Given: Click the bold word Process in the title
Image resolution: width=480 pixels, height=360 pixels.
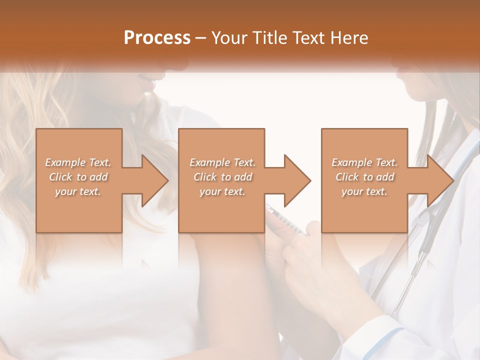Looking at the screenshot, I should click(x=157, y=37).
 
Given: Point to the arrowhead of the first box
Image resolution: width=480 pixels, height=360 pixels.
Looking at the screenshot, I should click(x=155, y=180).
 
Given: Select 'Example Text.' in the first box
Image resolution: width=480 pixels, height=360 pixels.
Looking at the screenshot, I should click(x=78, y=162).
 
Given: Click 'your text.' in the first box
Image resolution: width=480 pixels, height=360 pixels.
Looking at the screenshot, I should click(x=78, y=191).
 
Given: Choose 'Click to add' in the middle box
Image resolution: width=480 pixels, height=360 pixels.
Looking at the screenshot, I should click(x=222, y=177).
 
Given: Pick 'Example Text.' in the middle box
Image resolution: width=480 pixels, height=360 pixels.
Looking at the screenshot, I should click(x=222, y=162).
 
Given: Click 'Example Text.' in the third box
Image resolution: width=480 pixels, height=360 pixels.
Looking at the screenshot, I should click(x=364, y=162).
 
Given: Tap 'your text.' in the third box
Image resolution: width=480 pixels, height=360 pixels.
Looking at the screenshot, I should click(x=364, y=191).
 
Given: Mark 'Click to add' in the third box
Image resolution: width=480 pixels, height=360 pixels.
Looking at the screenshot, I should click(x=364, y=177).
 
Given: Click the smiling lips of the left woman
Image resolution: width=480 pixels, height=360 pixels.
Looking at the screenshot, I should click(x=146, y=80).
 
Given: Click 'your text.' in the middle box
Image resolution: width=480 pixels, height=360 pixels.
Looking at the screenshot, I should click(x=222, y=191).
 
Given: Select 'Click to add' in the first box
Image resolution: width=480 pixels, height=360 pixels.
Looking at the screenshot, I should click(x=78, y=177).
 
